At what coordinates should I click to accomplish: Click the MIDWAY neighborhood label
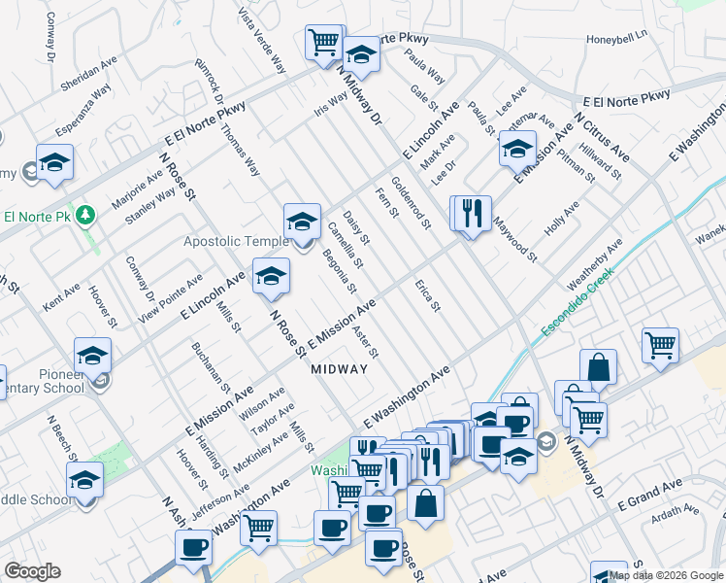339,369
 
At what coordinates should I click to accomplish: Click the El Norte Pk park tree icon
86,215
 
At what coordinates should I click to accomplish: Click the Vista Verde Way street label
263,43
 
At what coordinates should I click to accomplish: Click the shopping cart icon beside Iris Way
324,42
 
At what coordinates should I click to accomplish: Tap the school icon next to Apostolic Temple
302,222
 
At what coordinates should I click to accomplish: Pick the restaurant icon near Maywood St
473,213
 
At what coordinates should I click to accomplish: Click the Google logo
33,571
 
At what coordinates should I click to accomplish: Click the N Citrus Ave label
602,136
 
